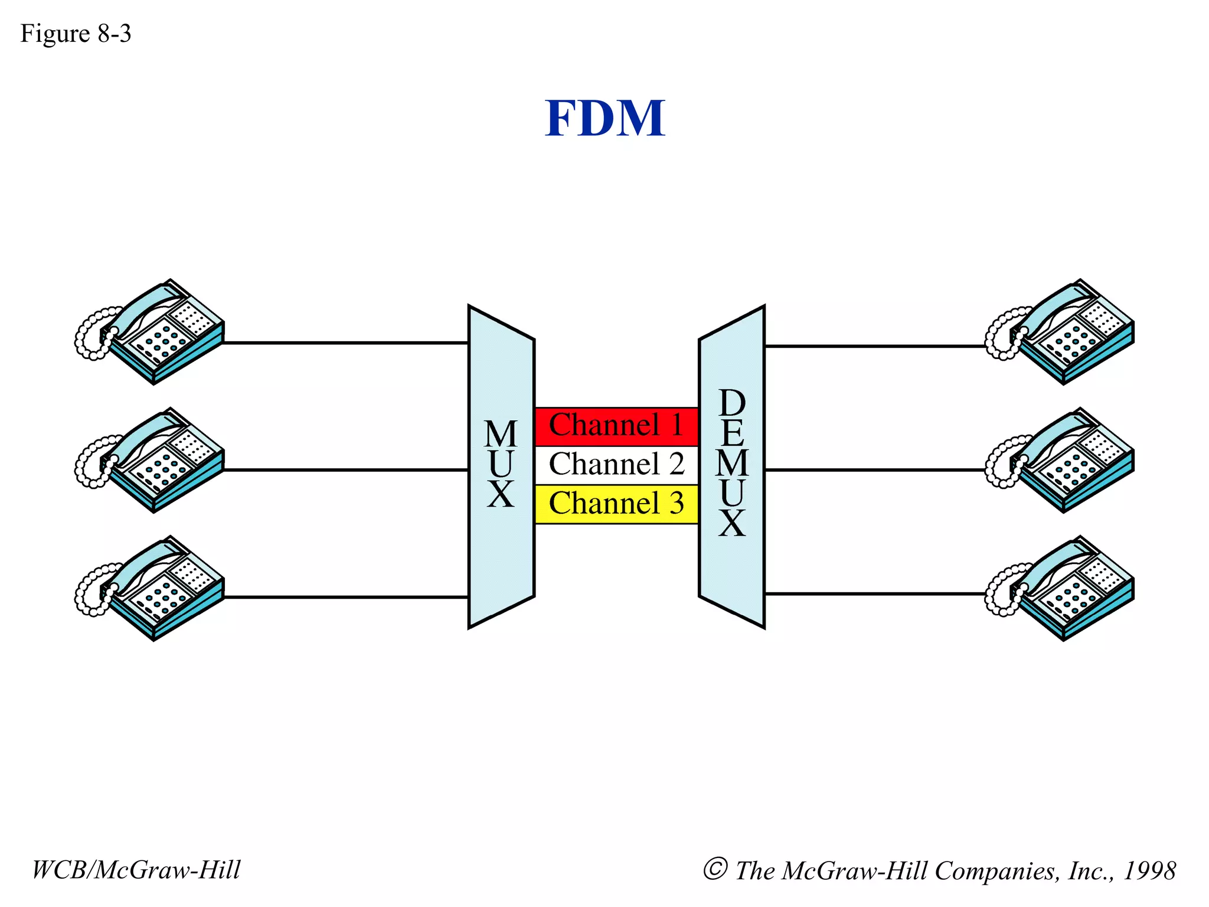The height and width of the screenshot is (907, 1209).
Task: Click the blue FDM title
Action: pos(604,118)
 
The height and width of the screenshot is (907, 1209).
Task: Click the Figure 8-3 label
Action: pos(76,34)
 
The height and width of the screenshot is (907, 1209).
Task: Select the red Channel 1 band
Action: pos(616,425)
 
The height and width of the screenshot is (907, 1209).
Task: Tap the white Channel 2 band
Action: pos(616,464)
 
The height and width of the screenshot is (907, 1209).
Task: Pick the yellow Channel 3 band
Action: pos(616,504)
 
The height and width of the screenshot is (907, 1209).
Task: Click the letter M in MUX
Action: pos(501,435)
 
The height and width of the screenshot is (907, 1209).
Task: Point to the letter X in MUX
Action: pos(501,495)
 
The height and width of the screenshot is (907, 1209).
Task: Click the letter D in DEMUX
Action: pos(732,403)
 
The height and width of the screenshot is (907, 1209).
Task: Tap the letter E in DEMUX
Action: pos(732,433)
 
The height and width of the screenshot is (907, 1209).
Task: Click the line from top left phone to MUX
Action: pos(345,342)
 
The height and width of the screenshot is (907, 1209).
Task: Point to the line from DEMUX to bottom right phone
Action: pos(874,593)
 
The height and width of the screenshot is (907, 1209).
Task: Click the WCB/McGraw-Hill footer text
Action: pos(136,870)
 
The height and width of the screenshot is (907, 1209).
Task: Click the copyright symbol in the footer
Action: pos(715,869)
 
